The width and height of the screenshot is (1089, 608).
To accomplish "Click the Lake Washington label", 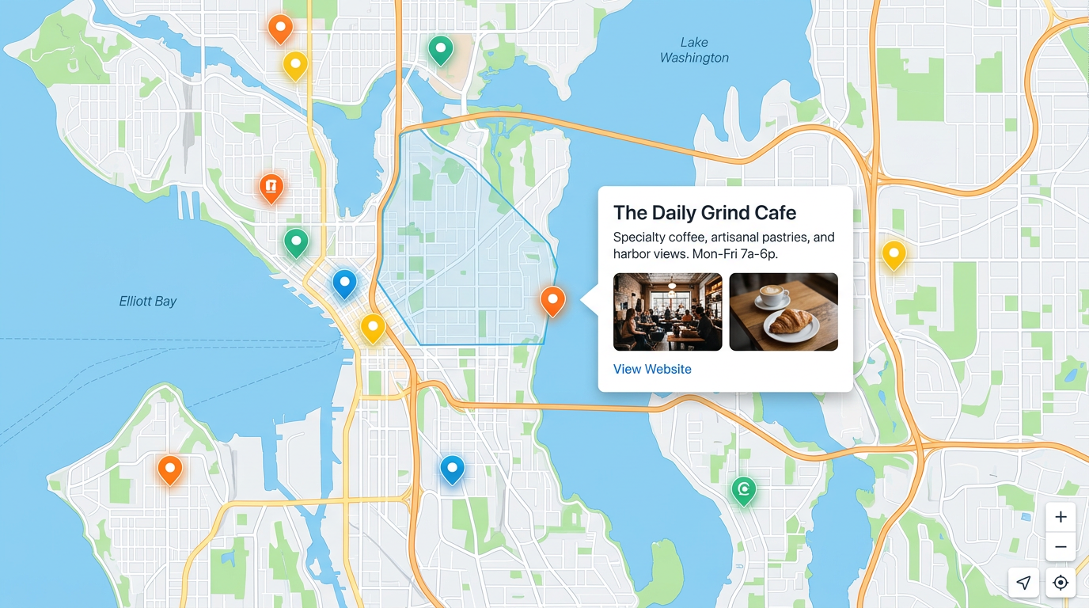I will (694, 50).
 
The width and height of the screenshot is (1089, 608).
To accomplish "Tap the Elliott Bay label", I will (148, 301).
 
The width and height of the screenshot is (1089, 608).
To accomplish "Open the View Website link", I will (652, 369).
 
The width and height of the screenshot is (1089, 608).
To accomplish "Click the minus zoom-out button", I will (1061, 547).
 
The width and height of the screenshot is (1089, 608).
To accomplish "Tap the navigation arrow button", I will (1023, 583).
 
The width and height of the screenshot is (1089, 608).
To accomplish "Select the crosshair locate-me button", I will (1061, 583).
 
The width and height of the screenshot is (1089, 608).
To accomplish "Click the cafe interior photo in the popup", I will (667, 311).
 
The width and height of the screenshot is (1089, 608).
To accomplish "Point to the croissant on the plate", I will (791, 321).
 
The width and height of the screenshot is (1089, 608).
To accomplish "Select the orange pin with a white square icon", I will (271, 187).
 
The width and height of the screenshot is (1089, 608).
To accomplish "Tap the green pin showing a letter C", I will (743, 489).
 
